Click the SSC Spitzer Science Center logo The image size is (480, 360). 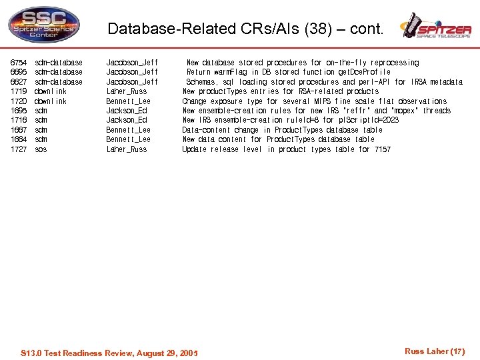pyautogui.click(x=43, y=25)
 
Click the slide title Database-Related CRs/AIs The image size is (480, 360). pyautogui.click(x=245, y=29)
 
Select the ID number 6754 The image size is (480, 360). pyautogui.click(x=19, y=63)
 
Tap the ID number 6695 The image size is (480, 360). pyautogui.click(x=19, y=72)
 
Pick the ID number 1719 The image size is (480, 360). pyautogui.click(x=19, y=91)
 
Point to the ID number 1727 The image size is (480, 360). pyautogui.click(x=19, y=149)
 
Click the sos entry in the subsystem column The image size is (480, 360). pyautogui.click(x=41, y=149)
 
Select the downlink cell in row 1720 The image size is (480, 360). pyautogui.click(x=51, y=101)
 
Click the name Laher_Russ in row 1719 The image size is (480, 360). pyautogui.click(x=127, y=91)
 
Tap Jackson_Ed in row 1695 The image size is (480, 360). pyautogui.click(x=127, y=111)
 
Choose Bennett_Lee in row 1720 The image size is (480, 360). pyautogui.click(x=129, y=101)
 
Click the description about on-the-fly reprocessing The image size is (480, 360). pyautogui.click(x=302, y=63)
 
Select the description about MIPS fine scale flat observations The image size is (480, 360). pyautogui.click(x=315, y=101)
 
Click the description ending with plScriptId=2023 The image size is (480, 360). pyautogui.click(x=290, y=121)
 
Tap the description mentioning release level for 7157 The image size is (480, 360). pyautogui.click(x=287, y=149)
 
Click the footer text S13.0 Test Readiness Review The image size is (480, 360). pyautogui.click(x=110, y=353)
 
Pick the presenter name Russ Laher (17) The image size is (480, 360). pyautogui.click(x=434, y=351)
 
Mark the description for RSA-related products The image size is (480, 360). pyautogui.click(x=281, y=91)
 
